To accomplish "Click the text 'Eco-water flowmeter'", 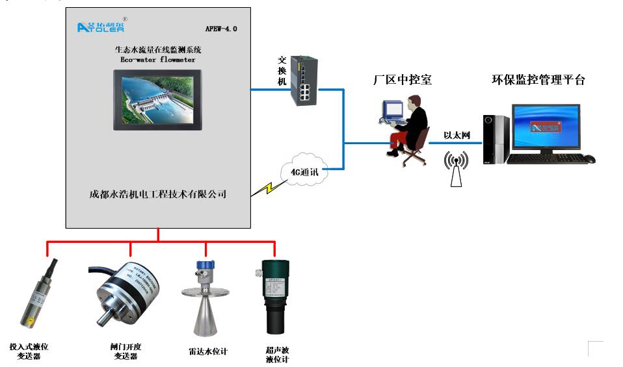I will click(x=158, y=59).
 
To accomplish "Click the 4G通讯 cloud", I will click(x=304, y=170).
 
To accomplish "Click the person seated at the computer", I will click(x=410, y=127).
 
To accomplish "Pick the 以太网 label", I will click(x=457, y=136).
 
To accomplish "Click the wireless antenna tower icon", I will click(x=455, y=169).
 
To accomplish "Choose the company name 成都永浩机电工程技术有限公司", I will click(x=157, y=194).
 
